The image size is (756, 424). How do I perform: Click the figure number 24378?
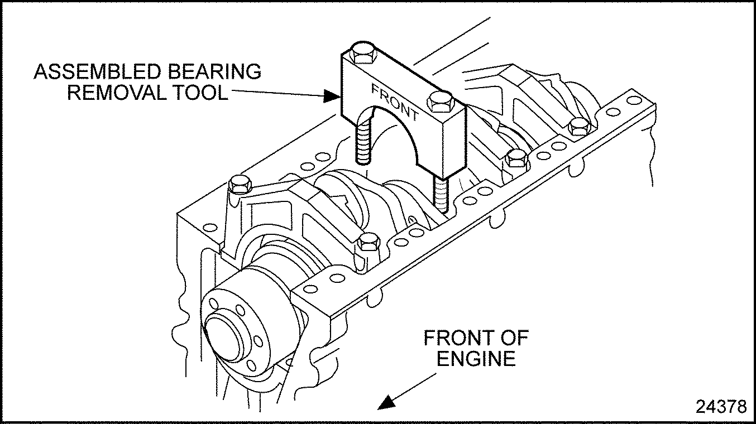pos(721,407)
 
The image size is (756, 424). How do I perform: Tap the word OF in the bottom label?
pos(512,338)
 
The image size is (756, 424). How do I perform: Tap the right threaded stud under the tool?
pos(440,195)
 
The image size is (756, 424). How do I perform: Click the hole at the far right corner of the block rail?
pos(633,101)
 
